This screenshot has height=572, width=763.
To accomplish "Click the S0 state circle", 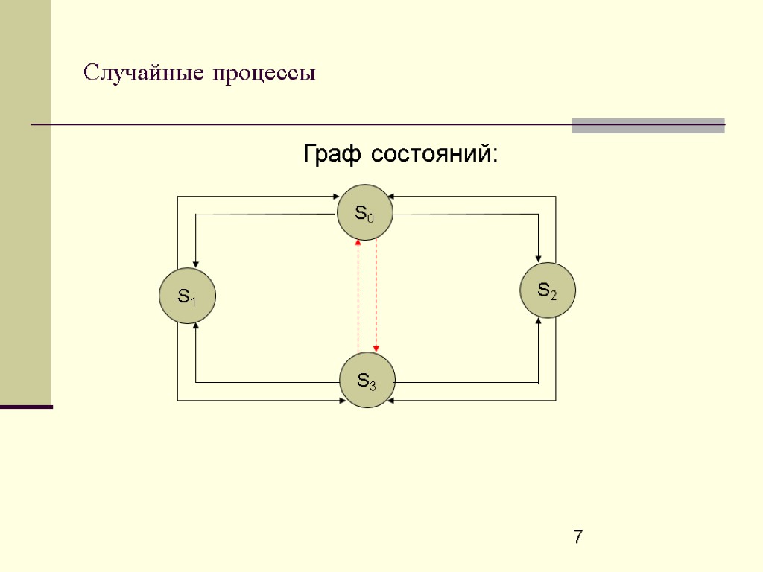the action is [x=364, y=212].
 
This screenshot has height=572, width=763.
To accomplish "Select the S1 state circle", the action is [x=187, y=296].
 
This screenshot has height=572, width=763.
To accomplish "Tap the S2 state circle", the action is [x=548, y=290].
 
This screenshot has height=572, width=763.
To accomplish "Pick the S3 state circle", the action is [x=367, y=381].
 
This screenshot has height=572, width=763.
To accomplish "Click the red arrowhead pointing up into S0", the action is [x=358, y=242].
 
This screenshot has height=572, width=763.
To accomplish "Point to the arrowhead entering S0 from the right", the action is [x=390, y=197].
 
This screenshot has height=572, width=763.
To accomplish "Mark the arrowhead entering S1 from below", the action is [x=195, y=326].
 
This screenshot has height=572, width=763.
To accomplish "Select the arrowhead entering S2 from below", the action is [x=538, y=321].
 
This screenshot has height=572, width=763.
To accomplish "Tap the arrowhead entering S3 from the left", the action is [x=340, y=401].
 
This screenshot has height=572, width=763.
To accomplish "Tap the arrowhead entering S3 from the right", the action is [x=391, y=401].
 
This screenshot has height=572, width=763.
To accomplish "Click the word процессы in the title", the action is [x=264, y=74].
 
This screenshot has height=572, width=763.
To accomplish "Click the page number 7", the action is [x=578, y=536].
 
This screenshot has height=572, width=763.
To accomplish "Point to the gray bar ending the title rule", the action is [x=648, y=125].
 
